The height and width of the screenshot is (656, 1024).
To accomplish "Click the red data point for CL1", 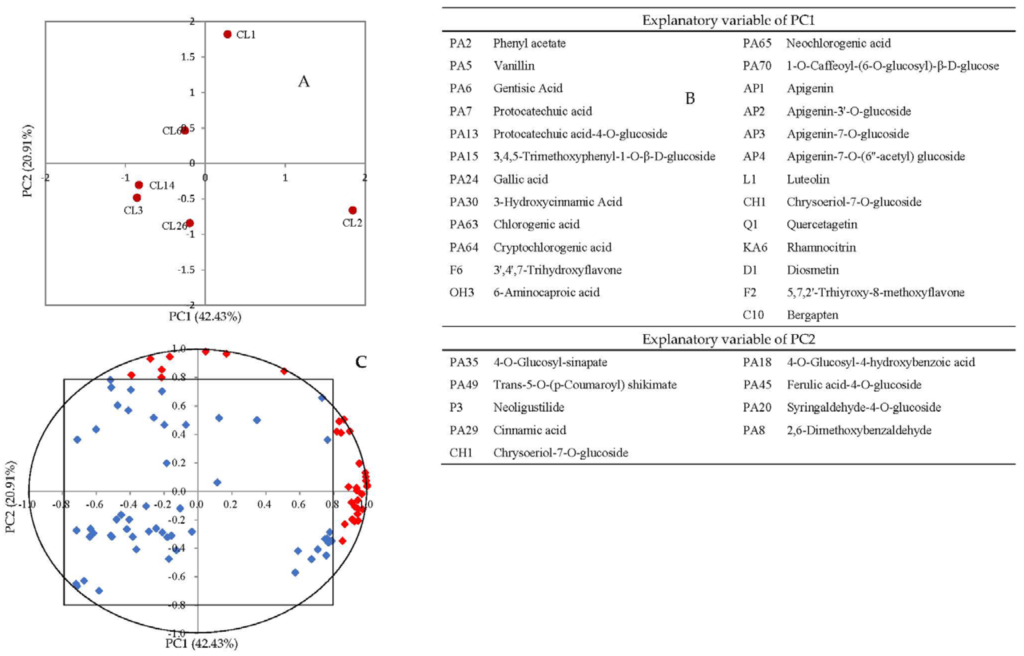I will [227, 34].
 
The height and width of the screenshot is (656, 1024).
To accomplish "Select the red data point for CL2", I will [352, 210].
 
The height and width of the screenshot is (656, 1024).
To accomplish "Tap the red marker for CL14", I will [139, 185].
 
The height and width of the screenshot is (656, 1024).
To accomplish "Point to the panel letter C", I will [361, 362].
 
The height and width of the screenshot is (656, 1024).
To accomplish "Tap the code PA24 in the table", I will [464, 179].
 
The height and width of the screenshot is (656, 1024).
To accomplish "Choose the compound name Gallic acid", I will [520, 179].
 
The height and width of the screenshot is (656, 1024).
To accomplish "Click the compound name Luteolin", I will [808, 179].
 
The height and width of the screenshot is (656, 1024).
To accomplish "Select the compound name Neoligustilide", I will [528, 407].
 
